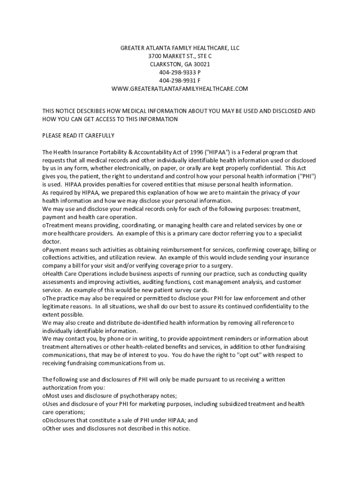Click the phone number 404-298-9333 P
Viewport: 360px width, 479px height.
[180, 73]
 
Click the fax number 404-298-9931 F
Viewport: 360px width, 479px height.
[180, 80]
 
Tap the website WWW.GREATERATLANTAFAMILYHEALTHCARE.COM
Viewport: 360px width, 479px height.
[180, 88]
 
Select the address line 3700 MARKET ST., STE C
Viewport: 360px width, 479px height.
[180, 56]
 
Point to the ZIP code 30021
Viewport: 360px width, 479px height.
[202, 64]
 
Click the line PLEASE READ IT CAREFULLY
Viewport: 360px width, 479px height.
[79, 136]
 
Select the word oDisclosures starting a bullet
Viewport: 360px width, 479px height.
[61, 420]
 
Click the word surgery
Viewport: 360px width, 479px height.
[222, 265]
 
